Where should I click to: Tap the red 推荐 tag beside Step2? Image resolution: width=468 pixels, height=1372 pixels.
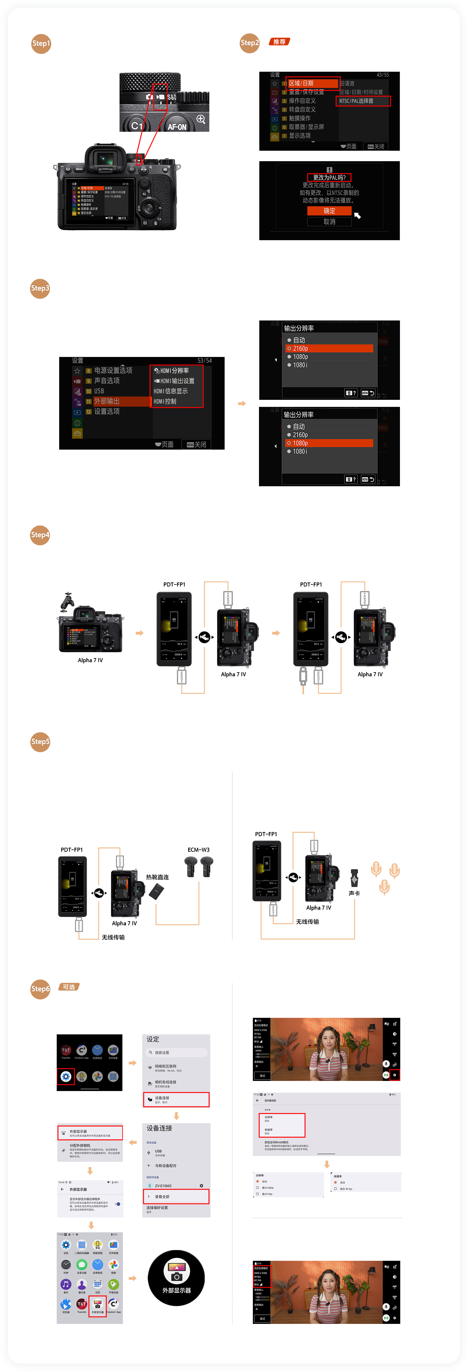279,42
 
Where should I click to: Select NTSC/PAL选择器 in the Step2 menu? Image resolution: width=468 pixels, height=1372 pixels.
363,101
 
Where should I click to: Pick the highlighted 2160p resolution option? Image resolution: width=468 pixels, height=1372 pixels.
329,348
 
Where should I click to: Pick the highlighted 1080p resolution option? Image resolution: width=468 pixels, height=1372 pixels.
329,443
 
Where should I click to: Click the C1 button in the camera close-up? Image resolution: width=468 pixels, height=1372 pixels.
136,126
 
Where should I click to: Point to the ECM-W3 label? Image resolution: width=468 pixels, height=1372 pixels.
198,850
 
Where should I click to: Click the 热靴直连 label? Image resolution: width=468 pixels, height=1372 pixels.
157,877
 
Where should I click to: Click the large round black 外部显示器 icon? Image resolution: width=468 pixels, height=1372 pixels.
177,1278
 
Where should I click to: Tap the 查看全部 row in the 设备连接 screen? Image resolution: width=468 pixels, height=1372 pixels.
176,1196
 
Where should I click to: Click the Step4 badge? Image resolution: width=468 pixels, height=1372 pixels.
40,535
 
